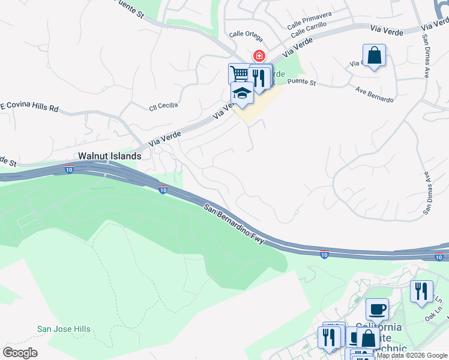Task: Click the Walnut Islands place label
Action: pos(109,156)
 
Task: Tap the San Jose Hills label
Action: pos(64,329)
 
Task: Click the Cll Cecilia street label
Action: pos(163,106)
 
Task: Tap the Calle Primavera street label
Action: pos(309,24)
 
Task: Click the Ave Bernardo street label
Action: pos(374,95)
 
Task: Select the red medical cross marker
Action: pos(259,56)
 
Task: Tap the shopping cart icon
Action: pos(239,74)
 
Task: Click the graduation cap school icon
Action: pos(242,94)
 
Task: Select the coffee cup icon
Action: pos(377,309)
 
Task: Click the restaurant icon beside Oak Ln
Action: pos(421,291)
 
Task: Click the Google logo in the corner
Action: pos(20,353)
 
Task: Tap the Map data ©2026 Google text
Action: pos(412,355)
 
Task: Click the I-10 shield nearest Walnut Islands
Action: pos(69,170)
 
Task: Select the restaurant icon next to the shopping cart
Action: pos(259,76)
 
